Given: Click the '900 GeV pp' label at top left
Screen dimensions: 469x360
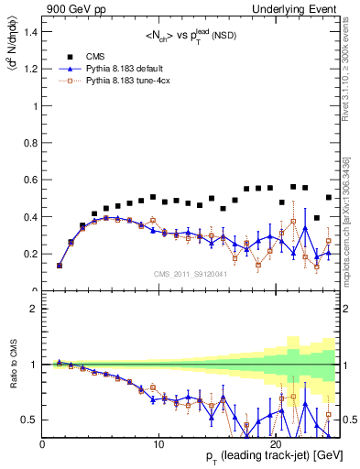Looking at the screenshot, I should tap(71, 8).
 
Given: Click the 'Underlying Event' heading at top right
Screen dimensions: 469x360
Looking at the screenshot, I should tap(304, 8).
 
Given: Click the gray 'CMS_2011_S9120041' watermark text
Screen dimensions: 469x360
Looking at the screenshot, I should tap(190, 273).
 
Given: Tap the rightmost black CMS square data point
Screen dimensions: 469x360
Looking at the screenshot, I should tap(329, 197).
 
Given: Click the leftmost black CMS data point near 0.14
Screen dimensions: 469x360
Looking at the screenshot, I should tap(60, 266).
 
